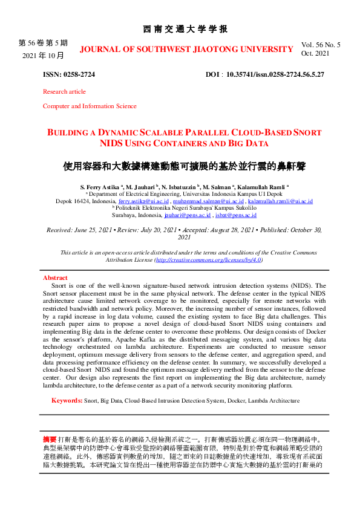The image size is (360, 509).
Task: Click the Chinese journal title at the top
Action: (x=185, y=29)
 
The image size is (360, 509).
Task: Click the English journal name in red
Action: (x=186, y=48)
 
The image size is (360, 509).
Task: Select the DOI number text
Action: (x=275, y=75)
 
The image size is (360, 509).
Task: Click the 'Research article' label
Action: (x=64, y=91)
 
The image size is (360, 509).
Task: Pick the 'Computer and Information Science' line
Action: (x=90, y=106)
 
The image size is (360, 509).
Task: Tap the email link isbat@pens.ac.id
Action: (x=237, y=215)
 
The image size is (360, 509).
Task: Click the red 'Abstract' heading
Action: (x=55, y=277)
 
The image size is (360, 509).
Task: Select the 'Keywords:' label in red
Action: (x=67, y=400)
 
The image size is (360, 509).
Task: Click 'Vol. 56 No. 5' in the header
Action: (x=321, y=45)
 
